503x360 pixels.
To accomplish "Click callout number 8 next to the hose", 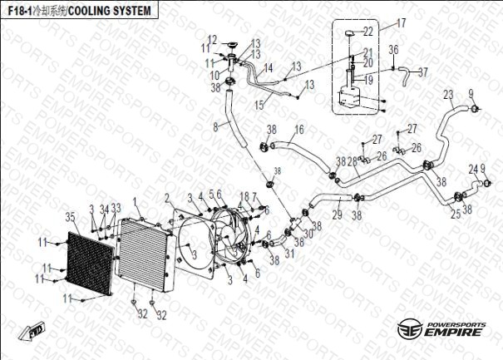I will [216, 126].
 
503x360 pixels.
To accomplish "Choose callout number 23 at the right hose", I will [448, 94].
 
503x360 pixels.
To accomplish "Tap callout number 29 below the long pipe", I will [337, 216].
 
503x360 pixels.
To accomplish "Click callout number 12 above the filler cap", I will [212, 39].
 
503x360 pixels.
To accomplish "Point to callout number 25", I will [456, 214].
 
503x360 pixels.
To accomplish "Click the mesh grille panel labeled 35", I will [87, 261].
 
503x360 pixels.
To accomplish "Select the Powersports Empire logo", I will [441, 328].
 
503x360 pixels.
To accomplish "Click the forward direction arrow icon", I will [36, 332].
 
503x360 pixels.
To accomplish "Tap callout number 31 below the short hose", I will [288, 253].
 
